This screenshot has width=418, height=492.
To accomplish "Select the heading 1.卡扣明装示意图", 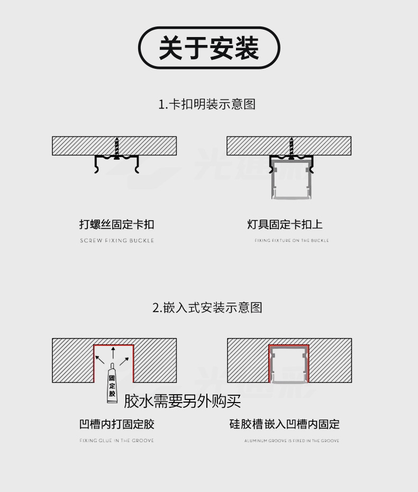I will click(x=207, y=104).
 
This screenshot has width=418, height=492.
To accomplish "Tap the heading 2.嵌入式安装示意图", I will click(x=207, y=307).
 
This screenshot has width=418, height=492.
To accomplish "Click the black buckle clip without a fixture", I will click(x=116, y=163).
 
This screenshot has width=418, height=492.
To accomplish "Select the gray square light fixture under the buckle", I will click(x=290, y=183).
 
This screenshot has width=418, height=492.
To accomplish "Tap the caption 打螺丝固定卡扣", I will click(x=116, y=224).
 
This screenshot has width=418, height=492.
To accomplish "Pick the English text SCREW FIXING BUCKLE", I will click(x=117, y=241).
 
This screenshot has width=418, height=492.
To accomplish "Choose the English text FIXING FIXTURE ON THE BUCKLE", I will click(x=292, y=241).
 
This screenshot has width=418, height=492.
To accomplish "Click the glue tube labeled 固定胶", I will click(x=112, y=384).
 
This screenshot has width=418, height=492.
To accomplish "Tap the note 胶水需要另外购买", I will click(x=182, y=402).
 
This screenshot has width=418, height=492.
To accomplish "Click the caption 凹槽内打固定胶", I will click(x=116, y=424).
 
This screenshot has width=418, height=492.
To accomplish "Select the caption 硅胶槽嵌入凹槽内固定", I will click(x=284, y=424).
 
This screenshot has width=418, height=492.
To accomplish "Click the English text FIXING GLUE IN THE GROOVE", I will click(x=116, y=441).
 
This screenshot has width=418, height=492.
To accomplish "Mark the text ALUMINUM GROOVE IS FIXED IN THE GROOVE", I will click(x=292, y=441).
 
